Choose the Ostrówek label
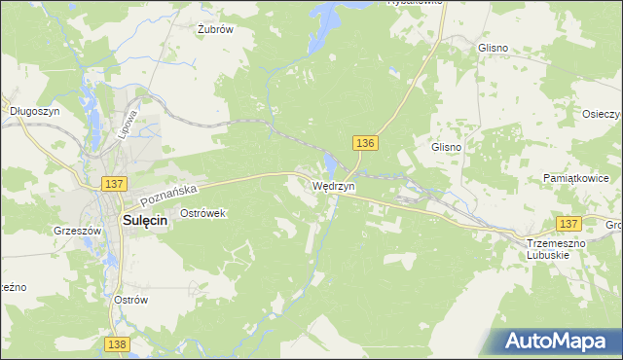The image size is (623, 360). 202,212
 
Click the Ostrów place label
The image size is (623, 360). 129,300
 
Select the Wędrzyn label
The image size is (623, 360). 334,185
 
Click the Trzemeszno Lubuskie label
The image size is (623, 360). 553,248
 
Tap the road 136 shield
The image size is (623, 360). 365,143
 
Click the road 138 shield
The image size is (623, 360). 116,344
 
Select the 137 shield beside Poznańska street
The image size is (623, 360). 114,184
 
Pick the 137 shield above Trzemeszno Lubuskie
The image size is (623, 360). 568,223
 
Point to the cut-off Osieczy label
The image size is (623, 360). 603,112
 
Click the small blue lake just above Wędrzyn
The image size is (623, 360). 331,164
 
